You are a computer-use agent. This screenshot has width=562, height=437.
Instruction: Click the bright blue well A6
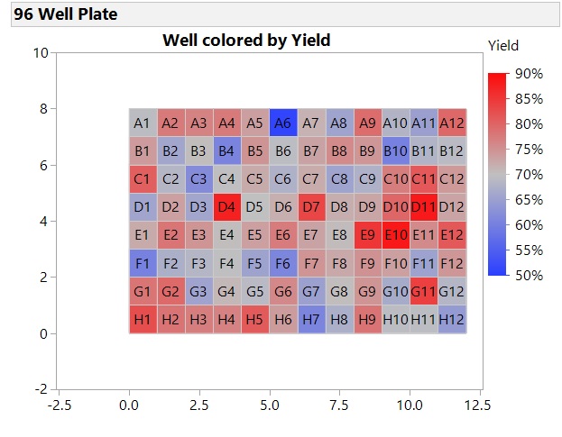coord(283,123)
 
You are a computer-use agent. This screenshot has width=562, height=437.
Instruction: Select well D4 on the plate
coord(227,207)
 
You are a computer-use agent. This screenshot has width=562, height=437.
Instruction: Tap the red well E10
coord(396,235)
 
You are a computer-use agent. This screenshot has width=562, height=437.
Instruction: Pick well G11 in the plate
coord(424,291)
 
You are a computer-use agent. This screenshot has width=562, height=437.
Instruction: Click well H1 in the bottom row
coord(143,319)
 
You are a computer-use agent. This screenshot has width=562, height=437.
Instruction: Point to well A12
coord(452,123)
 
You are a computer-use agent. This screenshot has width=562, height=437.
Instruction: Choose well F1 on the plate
coord(143,263)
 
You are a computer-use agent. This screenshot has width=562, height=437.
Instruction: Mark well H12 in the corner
coord(452,319)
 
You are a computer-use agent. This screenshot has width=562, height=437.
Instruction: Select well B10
coord(396,150)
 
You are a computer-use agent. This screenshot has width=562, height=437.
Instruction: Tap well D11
coord(424,207)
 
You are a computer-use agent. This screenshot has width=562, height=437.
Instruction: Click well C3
coord(199,178)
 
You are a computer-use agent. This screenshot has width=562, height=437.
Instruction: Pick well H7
coord(311,319)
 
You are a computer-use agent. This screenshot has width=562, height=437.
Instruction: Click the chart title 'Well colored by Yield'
coord(246,41)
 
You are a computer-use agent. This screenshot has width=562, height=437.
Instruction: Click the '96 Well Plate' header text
coord(65,14)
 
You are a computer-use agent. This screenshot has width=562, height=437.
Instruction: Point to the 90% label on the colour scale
coord(529,73)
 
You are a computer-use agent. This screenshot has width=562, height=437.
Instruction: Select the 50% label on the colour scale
coord(529,275)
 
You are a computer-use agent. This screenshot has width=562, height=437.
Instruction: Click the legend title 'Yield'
coord(502,45)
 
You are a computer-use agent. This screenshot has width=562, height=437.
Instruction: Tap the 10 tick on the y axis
coord(41,52)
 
